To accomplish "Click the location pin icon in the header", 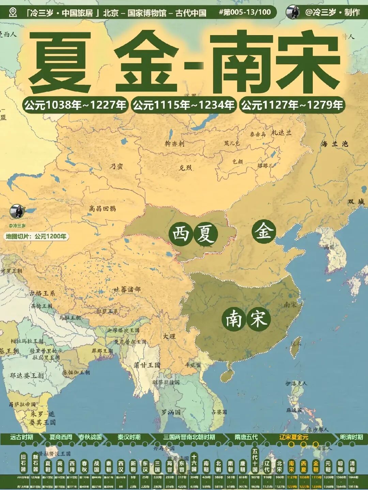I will [x=13, y=13].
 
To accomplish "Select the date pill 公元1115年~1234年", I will [x=184, y=105].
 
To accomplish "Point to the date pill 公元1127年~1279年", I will [x=292, y=105].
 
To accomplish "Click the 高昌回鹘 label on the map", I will [x=102, y=208].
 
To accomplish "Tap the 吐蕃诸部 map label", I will [x=126, y=289].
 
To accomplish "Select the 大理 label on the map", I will [x=169, y=336].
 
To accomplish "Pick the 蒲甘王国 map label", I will [x=147, y=365].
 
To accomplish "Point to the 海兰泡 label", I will [x=334, y=144].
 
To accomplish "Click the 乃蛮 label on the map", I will [x=116, y=167].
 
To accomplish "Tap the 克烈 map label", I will [x=185, y=168].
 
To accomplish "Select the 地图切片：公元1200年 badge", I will [x=36, y=236].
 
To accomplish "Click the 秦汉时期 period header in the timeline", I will [x=129, y=437].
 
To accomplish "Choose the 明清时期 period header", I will [x=352, y=437].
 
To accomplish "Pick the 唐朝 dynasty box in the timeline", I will [x=243, y=466].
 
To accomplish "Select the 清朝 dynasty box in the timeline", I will [x=352, y=466].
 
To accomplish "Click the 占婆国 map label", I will [x=219, y=412].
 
